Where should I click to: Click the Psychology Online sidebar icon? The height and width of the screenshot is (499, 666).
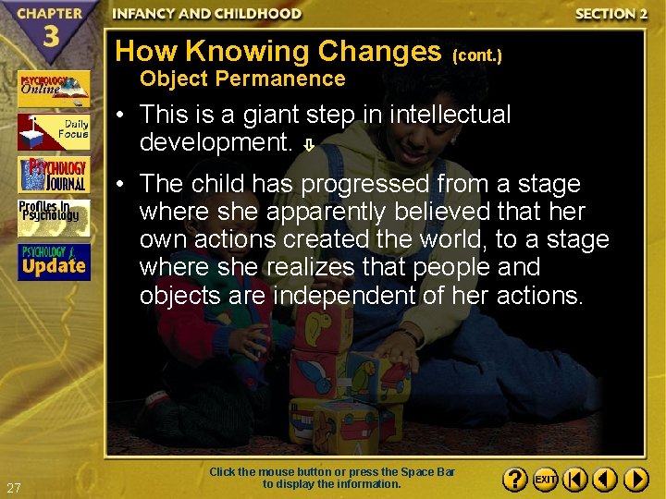[54, 89]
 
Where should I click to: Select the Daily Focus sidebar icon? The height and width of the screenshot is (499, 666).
[54, 131]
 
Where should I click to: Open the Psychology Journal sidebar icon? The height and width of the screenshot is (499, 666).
[54, 175]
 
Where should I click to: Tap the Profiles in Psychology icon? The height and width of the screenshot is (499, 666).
[54, 218]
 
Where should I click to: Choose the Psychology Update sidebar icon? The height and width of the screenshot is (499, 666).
[54, 262]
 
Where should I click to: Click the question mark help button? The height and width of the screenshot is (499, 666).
[516, 480]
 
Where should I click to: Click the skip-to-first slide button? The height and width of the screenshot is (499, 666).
[575, 480]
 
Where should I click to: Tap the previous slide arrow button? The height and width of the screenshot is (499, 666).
[605, 480]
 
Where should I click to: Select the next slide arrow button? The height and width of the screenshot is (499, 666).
[635, 480]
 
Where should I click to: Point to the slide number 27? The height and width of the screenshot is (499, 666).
[13, 488]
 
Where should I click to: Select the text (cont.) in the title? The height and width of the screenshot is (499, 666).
[476, 55]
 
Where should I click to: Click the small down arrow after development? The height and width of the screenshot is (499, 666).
[311, 144]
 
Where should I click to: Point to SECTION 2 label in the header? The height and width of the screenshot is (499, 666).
[605, 14]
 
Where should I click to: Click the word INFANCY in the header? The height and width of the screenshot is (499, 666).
[144, 14]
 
